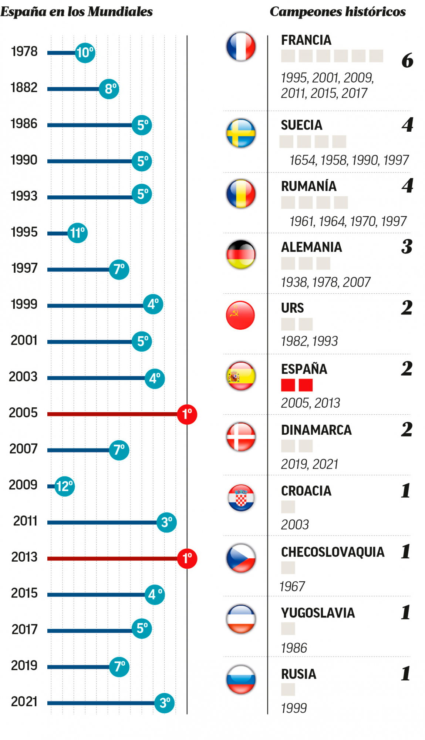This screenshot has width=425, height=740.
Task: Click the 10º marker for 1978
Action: coord(85,53)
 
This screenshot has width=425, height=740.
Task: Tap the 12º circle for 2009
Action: coord(65,486)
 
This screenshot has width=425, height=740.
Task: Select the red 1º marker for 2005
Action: coord(187,414)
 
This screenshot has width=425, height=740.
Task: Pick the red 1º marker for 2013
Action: coord(187,558)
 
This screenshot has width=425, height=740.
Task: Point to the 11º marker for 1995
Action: coord(78,233)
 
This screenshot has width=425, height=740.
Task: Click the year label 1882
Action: coord(24,88)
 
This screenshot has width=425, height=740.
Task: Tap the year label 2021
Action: coord(24,702)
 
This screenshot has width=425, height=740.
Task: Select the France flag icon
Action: coord(241,47)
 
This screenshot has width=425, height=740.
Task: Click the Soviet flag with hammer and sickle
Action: coord(240,315)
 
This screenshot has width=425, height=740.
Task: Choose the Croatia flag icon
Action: coord(241,498)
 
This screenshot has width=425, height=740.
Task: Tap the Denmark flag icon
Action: coord(241,437)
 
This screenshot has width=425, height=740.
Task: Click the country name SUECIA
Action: coord(301,125)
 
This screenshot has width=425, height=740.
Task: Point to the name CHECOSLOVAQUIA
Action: coord(333,552)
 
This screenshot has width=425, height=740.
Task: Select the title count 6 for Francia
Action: coord(407,60)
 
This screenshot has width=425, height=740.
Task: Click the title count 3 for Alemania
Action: coord(407,246)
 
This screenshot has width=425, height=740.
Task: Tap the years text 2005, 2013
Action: coord(310,403)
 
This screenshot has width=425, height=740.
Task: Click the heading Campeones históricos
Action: coord(337,12)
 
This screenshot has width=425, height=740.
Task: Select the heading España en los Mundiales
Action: coord(77,12)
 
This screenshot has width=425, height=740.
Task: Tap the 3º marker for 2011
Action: coord(166,522)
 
